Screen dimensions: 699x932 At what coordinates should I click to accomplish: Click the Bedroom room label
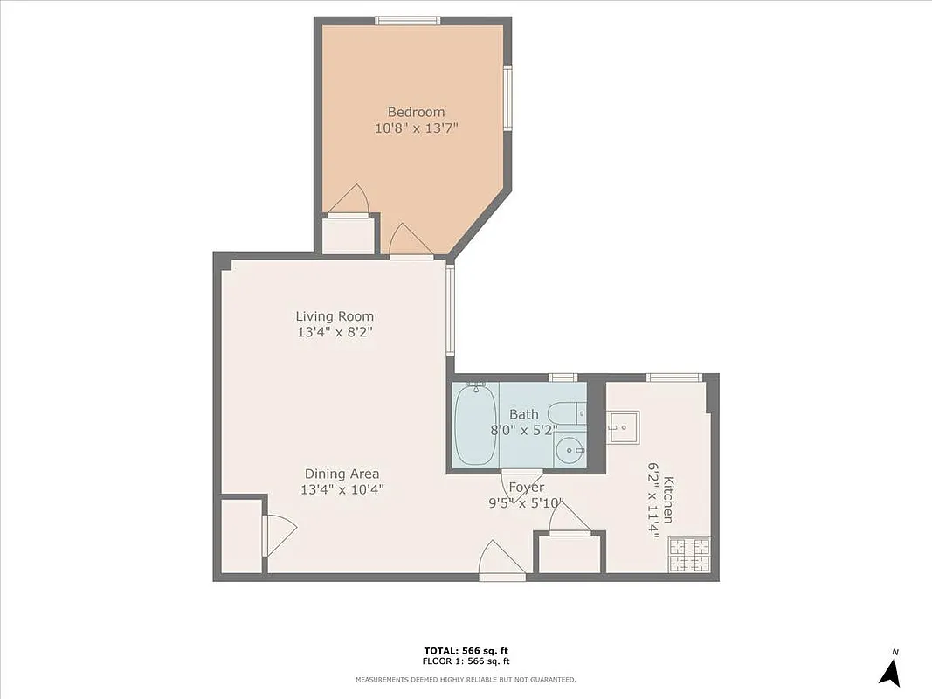click(416, 112)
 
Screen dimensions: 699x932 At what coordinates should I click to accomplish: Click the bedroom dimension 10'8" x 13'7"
click(416, 128)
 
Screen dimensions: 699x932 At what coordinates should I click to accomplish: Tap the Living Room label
click(335, 316)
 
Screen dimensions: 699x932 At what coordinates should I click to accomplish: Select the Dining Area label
click(342, 474)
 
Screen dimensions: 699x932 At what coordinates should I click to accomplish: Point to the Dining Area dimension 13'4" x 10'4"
click(342, 490)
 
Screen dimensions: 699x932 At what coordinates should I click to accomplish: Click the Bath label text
click(524, 414)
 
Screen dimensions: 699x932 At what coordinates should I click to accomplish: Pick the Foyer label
click(527, 488)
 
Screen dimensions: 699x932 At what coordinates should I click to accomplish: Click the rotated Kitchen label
click(668, 500)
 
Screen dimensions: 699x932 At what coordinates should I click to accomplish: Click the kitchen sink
click(623, 428)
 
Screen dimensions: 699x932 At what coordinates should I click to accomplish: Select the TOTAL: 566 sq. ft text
click(466, 651)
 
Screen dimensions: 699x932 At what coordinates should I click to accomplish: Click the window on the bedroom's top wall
click(406, 21)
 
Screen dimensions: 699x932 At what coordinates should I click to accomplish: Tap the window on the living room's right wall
click(451, 309)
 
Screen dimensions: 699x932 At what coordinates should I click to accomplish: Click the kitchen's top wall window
click(674, 377)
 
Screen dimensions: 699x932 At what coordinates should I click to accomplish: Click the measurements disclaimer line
click(466, 679)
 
